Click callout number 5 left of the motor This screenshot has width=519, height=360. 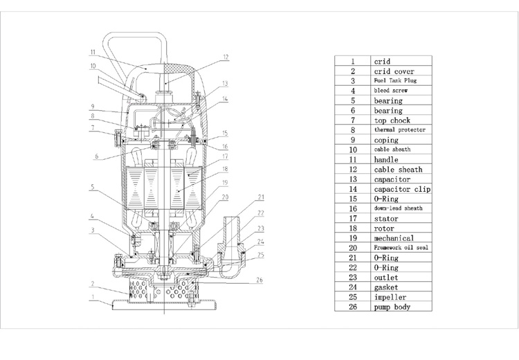91,186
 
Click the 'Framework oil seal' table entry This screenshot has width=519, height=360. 401,247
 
